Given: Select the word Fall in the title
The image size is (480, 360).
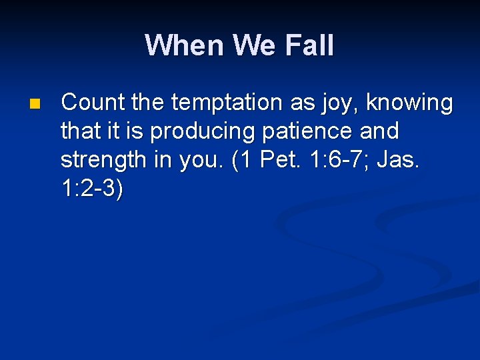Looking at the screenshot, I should (x=309, y=45).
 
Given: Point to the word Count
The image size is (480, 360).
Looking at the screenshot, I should (x=92, y=103).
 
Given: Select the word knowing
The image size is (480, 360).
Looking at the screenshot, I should (x=410, y=104).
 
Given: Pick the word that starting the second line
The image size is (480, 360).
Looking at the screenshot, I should (x=79, y=131).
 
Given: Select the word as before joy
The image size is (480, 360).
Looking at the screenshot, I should (x=302, y=104).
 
